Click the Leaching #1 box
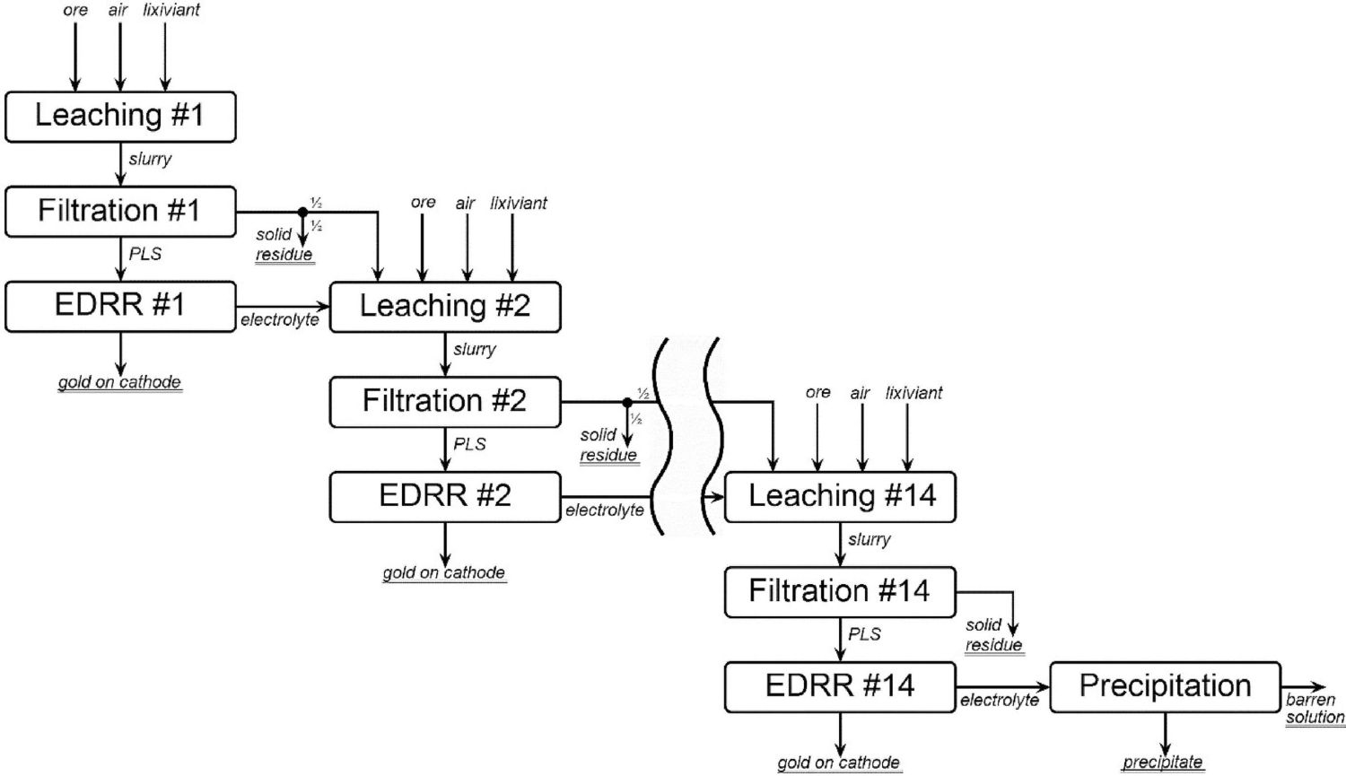click(x=120, y=117)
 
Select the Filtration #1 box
click(x=120, y=212)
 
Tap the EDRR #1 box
click(x=120, y=307)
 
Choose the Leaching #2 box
click(x=445, y=307)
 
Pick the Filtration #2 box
click(x=445, y=402)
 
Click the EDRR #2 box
click(x=445, y=497)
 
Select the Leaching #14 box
click(x=840, y=497)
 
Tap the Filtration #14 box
click(x=840, y=592)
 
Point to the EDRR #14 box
click(x=840, y=687)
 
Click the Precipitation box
click(x=1165, y=687)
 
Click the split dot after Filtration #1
click(x=302, y=212)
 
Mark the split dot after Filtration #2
click(x=627, y=402)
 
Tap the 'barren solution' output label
click(x=1315, y=709)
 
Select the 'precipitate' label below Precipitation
click(x=1162, y=763)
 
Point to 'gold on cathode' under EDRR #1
click(x=119, y=382)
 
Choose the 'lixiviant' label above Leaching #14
click(x=913, y=393)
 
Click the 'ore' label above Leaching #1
click(x=75, y=11)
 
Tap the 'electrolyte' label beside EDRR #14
click(x=999, y=701)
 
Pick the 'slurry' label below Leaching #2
click(x=475, y=350)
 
